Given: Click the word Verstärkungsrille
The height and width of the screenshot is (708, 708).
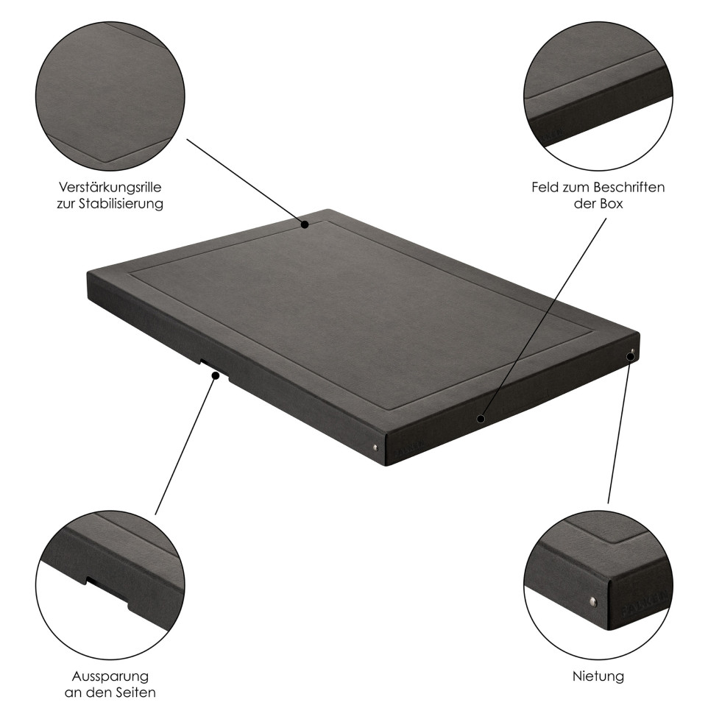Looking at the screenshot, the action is point(110,188).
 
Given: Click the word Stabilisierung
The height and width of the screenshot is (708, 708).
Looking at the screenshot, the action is point(121,204).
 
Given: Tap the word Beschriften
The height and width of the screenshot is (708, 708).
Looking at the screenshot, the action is point(629,187).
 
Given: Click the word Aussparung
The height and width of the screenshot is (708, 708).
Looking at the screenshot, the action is point(110,676).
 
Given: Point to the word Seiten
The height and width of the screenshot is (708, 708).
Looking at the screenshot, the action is point(135,693).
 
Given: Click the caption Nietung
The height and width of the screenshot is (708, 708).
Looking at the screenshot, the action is point(598,676).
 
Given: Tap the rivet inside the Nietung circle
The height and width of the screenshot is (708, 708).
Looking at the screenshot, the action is point(594,601).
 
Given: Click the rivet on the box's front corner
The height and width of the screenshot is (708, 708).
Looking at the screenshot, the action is point(375,447).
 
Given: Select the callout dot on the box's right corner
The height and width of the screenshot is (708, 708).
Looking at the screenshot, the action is point(631,357).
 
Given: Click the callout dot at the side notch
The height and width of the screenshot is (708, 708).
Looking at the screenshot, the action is point(216,375).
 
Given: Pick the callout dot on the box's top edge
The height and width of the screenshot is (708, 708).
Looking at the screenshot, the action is point(305,224).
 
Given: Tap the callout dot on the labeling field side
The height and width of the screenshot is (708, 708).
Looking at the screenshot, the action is point(481,419).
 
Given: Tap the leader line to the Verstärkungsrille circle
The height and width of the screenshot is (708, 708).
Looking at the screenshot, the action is point(246,182).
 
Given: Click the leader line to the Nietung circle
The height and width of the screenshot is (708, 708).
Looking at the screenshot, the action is point(620,430).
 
